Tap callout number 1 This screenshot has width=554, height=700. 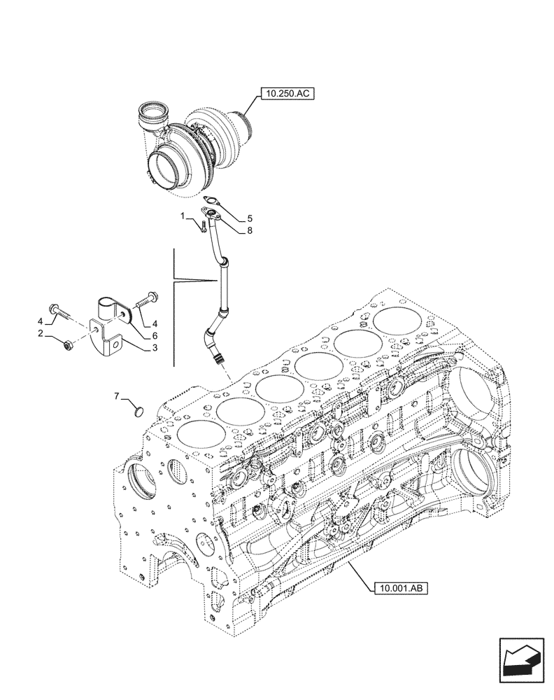183,216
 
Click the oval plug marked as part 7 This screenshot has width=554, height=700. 138,411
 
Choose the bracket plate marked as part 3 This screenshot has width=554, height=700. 111,341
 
